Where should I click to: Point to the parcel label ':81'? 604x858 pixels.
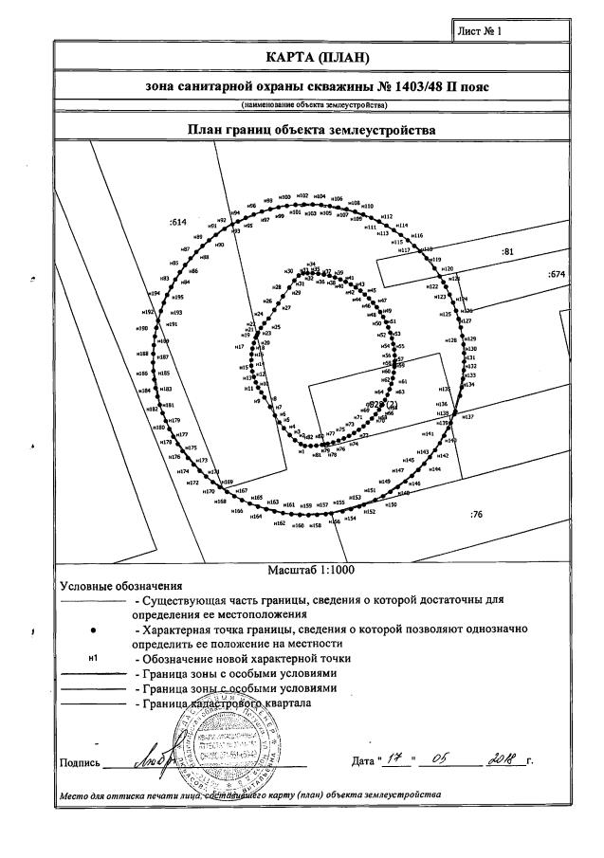coord(506,251)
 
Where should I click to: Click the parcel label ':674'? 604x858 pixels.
coord(557,274)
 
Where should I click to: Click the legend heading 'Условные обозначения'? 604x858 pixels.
coord(120,586)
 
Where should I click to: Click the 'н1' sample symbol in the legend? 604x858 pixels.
coord(92,658)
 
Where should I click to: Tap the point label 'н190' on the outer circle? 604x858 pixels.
coord(142,329)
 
